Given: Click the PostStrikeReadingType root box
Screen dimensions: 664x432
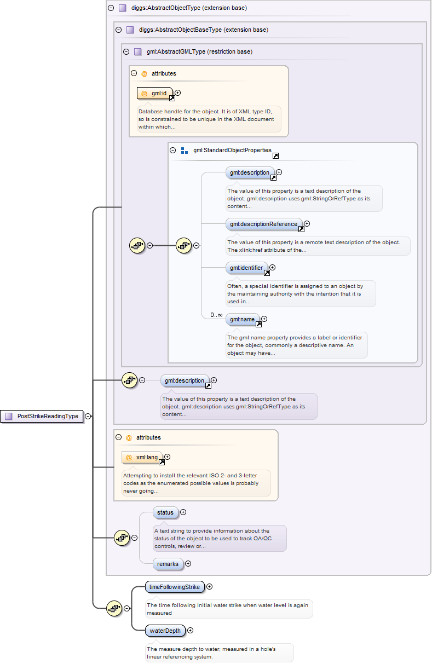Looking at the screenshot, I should pos(43,416).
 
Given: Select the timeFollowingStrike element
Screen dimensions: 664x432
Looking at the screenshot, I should pos(175,587).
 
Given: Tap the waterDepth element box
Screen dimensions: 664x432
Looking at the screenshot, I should pos(165,631).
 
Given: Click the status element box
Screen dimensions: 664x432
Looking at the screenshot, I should pos(165,513).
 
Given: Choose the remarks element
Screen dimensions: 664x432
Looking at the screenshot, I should pos(168,564).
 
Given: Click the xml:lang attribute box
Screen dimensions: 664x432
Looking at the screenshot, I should pos(142,457).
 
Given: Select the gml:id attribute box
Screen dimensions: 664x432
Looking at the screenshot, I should pos(155,94).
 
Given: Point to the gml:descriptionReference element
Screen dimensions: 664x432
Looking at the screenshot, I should pos(263,224).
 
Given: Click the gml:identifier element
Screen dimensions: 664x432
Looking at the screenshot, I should pos(246,268).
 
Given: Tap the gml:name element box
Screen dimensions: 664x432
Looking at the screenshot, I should pos(242,319).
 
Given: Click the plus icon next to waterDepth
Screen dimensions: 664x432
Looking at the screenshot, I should pos(191,631).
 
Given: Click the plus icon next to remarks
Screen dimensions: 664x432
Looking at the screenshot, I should pos(188,563).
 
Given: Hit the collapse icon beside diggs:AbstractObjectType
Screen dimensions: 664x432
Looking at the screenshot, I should pos(111,8).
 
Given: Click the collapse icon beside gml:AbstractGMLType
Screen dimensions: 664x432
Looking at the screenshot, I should pos(126,52).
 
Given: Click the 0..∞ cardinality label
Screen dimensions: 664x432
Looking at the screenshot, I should pos(216,315).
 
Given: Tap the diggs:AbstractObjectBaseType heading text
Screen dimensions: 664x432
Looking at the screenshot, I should pos(203,30).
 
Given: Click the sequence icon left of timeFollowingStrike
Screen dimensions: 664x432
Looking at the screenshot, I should pos(114,608).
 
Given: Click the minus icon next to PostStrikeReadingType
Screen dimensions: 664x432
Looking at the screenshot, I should pos(88,416).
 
